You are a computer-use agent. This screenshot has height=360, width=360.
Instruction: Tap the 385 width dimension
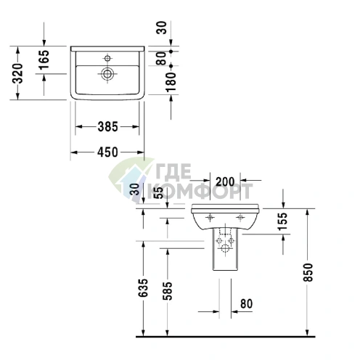107,126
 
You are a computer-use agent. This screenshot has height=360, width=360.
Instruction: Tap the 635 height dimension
143,289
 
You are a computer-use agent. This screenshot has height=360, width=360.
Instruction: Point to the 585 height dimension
168,289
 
